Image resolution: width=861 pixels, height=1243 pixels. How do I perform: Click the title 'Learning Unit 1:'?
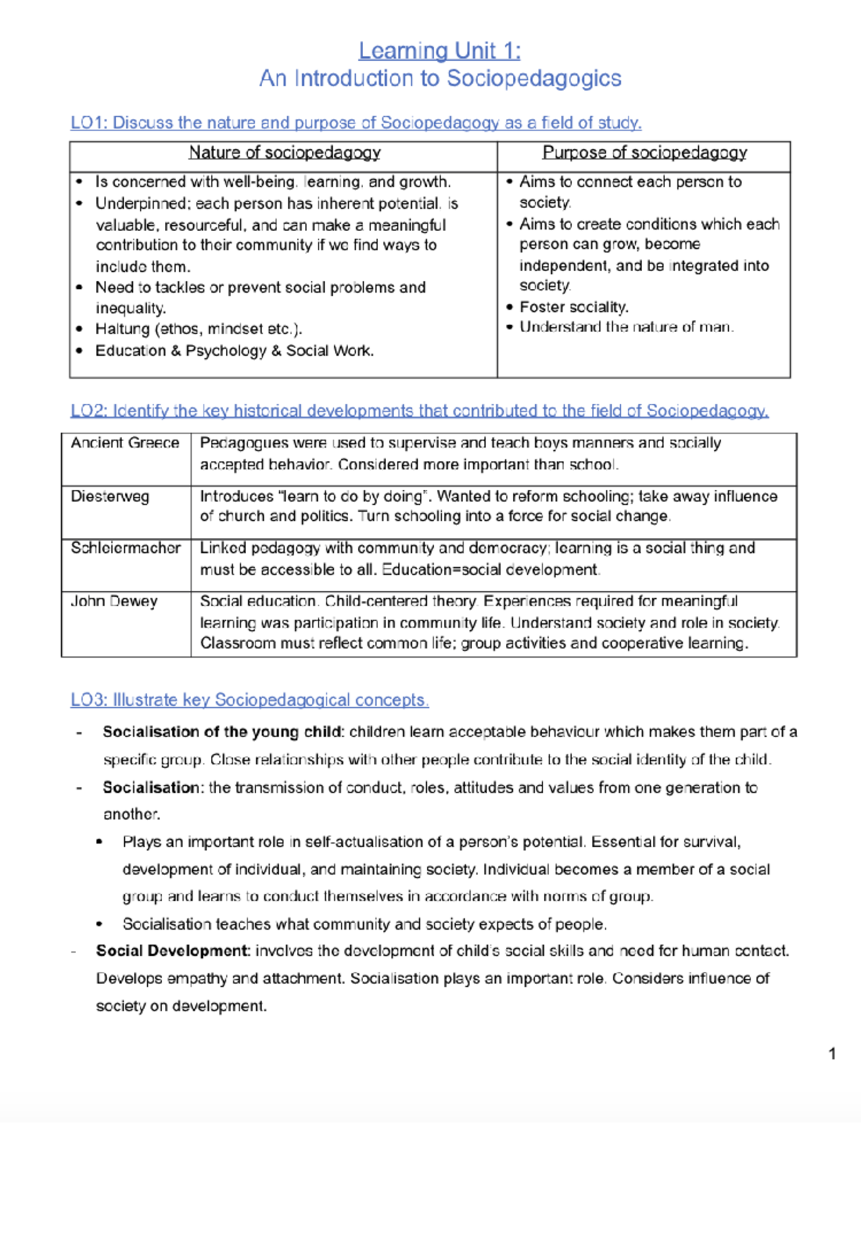(439, 51)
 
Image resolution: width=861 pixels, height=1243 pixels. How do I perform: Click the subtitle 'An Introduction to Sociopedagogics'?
(440, 78)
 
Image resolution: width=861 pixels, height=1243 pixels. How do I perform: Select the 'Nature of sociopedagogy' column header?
(284, 153)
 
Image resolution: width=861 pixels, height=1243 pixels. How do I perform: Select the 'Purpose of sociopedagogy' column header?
(644, 153)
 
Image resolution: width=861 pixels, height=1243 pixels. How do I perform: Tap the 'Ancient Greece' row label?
(125, 443)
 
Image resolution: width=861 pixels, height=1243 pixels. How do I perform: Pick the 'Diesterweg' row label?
(110, 496)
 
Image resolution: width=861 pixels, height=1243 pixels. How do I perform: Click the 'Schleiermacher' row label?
(126, 548)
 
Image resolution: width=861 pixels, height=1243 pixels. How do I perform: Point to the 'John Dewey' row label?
(114, 601)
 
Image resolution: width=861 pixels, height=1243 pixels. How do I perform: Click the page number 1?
(832, 1054)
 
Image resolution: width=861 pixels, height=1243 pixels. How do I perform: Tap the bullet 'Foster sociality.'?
(574, 307)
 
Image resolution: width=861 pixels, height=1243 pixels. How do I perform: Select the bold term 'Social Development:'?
(173, 951)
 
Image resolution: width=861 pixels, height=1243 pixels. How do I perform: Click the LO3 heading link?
(249, 700)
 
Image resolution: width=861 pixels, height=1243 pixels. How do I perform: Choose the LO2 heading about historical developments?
(419, 411)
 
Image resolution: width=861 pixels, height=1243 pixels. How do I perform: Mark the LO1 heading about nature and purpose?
(356, 123)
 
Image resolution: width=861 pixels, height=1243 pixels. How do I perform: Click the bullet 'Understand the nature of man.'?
(626, 327)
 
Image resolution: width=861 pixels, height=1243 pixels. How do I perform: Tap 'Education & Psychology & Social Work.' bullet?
(235, 351)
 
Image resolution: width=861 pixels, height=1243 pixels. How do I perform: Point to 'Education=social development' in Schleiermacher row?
(489, 570)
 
